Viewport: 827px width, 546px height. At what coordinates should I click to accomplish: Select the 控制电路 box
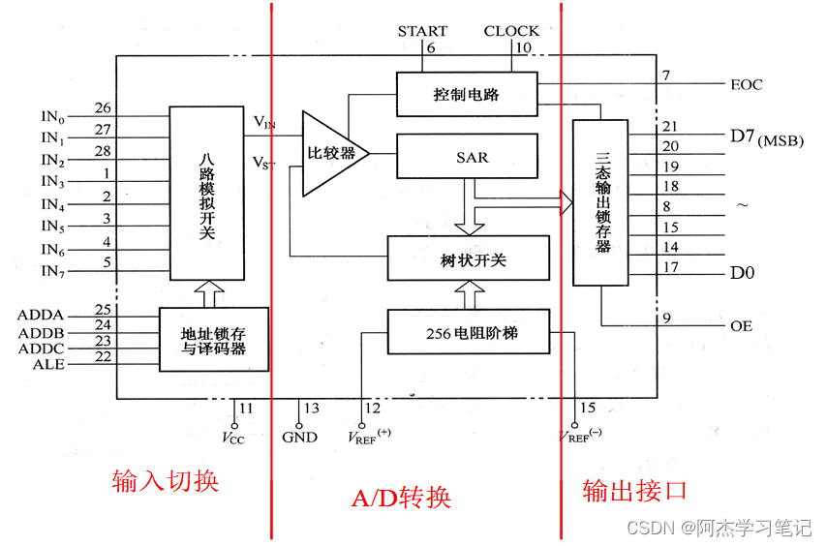point(467,95)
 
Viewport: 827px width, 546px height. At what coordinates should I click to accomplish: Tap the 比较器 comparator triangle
point(330,153)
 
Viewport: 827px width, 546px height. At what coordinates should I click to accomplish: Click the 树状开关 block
point(468,258)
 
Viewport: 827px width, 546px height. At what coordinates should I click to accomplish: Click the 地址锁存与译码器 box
point(213,339)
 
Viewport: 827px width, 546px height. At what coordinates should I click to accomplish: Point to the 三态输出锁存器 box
point(600,202)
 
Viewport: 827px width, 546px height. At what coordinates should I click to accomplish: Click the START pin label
point(422,31)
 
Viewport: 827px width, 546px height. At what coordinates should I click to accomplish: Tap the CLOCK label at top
point(511,31)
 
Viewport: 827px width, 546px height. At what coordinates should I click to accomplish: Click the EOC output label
point(747,84)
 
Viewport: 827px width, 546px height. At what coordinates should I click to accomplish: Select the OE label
point(741,326)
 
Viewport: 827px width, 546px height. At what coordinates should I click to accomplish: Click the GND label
point(299,437)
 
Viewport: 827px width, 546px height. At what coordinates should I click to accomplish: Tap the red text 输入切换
point(166,481)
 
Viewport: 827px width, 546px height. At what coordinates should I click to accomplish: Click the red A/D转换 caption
point(401,499)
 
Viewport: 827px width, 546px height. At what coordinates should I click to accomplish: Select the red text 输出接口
point(634,490)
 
